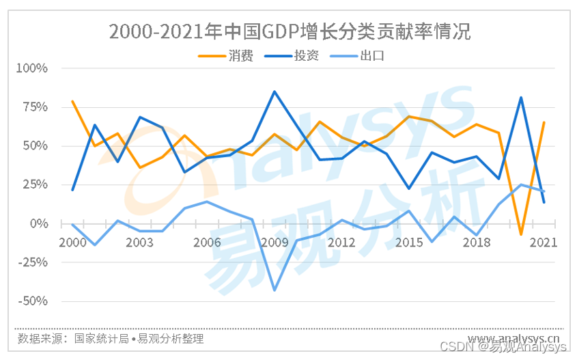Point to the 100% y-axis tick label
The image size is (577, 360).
pyautogui.click(x=32, y=68)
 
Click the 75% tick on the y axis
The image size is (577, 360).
pyautogui.click(x=35, y=107)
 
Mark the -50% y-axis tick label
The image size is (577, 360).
pyautogui.click(x=33, y=301)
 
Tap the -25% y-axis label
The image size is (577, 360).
pyautogui.click(x=33, y=262)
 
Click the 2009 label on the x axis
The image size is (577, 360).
pyautogui.click(x=275, y=243)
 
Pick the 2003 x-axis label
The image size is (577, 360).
pyautogui.click(x=139, y=243)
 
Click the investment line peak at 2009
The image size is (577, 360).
pyautogui.click(x=275, y=92)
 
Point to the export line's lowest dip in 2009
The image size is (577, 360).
pyautogui.click(x=275, y=290)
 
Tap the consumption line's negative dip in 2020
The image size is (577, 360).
pyautogui.click(x=521, y=234)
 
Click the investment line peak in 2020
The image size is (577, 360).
pyautogui.click(x=521, y=98)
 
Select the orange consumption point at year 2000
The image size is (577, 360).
pyautogui.click(x=72, y=101)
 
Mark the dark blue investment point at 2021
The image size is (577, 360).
pyautogui.click(x=544, y=202)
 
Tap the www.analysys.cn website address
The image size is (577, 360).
pyautogui.click(x=513, y=338)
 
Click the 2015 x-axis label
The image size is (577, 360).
pyautogui.click(x=409, y=243)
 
